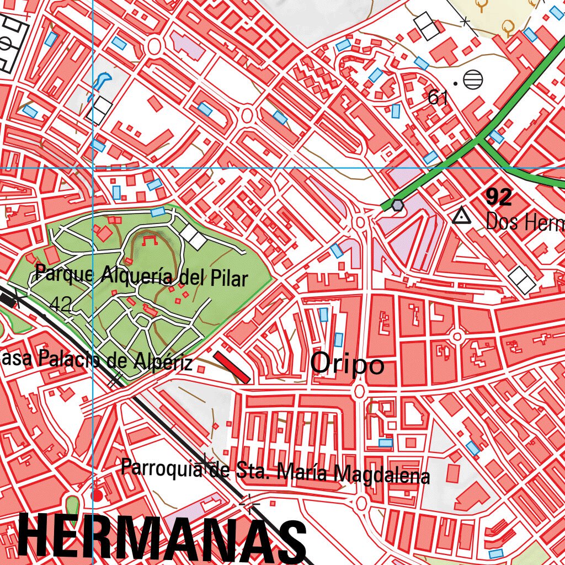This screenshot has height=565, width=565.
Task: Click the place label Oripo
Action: tap(347, 364)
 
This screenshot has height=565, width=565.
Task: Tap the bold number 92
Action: tap(498, 196)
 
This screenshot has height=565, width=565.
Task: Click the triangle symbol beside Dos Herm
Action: tap(460, 216)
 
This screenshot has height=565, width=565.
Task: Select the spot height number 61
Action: tap(437, 98)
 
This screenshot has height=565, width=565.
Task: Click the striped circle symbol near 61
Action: tap(473, 80)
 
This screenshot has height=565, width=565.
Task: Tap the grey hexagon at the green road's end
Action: tap(397, 205)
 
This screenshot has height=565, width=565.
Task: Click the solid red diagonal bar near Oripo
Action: tap(232, 366)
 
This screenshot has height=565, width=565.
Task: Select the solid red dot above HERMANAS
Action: tap(97, 495)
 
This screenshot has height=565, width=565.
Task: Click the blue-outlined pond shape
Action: tap(100, 81)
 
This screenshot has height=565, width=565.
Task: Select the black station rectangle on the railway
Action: tap(8, 299)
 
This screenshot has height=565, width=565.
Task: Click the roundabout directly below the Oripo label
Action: tap(359, 391)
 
